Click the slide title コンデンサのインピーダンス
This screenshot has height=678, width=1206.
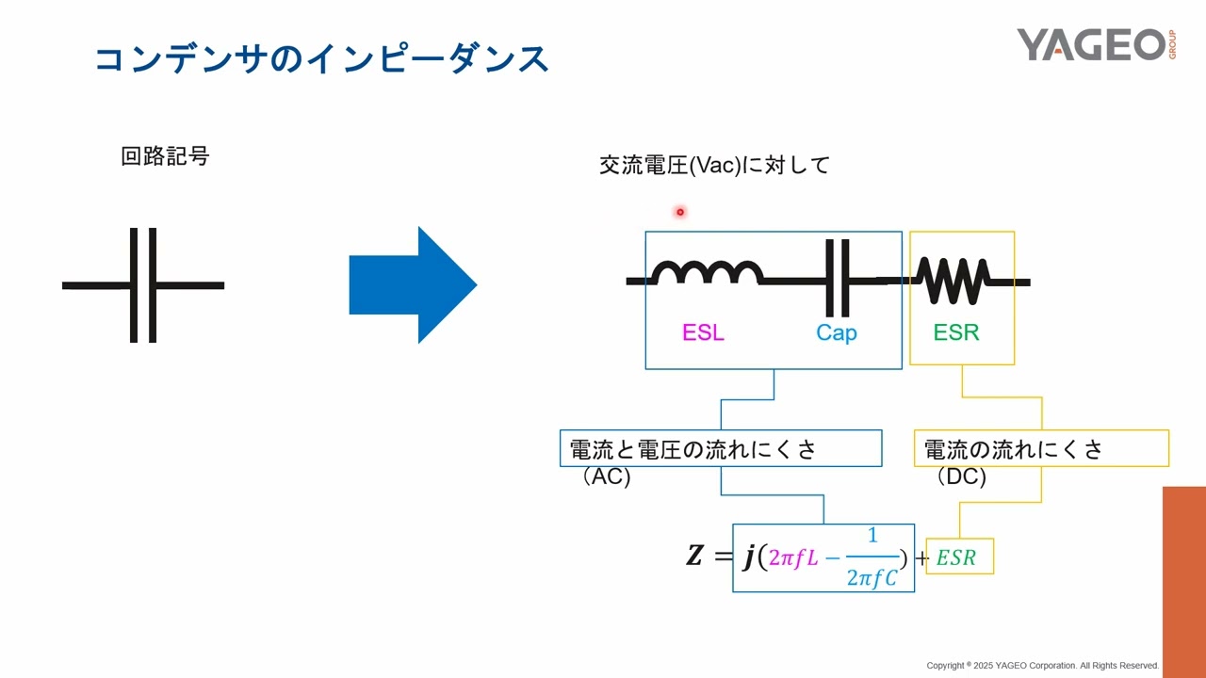(x=321, y=58)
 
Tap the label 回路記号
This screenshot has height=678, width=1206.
(x=165, y=156)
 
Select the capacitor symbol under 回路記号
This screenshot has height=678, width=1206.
(x=143, y=284)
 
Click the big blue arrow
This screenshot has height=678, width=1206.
(x=413, y=284)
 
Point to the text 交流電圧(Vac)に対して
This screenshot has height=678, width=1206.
(x=714, y=166)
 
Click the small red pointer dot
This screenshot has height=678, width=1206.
(x=679, y=212)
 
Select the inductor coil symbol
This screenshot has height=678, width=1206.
(x=707, y=273)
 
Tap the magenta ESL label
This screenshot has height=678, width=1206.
(x=703, y=332)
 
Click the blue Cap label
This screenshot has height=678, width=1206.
(x=836, y=332)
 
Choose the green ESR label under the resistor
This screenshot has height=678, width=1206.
(x=956, y=332)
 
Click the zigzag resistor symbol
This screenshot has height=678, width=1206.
(x=953, y=281)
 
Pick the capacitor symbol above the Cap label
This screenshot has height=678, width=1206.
(x=837, y=279)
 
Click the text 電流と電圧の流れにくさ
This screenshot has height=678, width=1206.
(x=693, y=449)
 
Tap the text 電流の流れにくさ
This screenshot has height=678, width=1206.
(x=1013, y=449)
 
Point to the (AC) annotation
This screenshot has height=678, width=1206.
(x=606, y=476)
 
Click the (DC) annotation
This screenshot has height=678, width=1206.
(x=961, y=476)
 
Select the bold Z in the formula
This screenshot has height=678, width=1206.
(x=694, y=557)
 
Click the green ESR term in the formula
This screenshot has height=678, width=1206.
(x=956, y=557)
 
